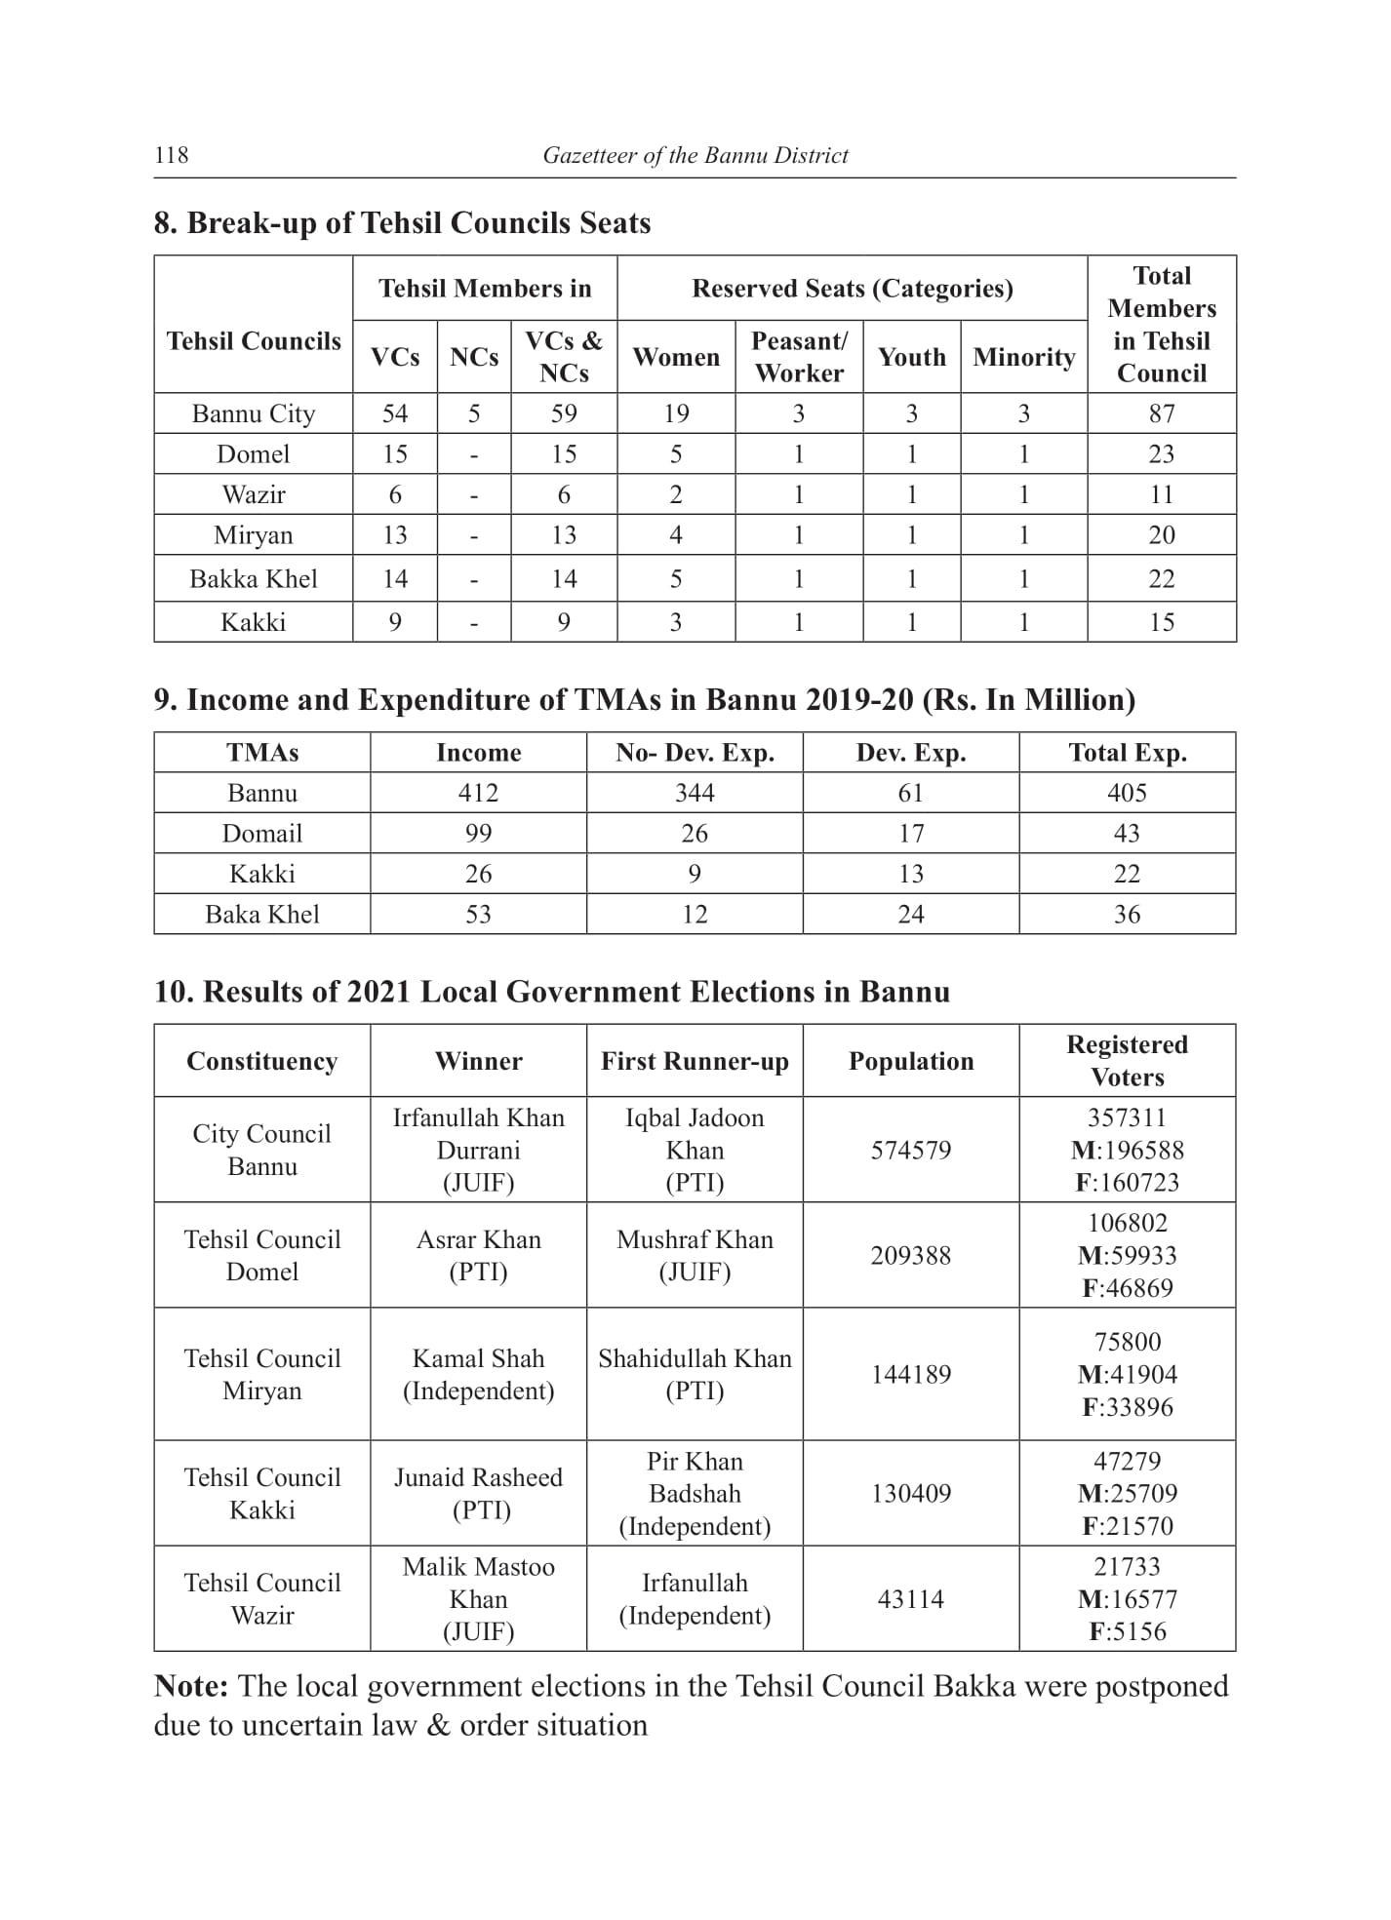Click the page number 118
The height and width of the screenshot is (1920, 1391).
(x=172, y=155)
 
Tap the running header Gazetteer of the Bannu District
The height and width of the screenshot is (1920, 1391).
(x=695, y=155)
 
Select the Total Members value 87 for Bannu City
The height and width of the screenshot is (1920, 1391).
(x=1161, y=413)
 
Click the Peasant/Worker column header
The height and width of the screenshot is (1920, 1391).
(x=799, y=357)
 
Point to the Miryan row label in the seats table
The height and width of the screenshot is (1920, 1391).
(x=254, y=535)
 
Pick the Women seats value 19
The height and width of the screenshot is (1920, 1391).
(x=676, y=413)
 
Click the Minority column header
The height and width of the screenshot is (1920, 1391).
(x=1023, y=357)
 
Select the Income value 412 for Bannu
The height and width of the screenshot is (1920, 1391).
(x=478, y=793)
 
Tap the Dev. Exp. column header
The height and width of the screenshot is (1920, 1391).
(x=910, y=753)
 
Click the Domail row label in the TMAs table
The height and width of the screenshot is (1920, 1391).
(x=262, y=834)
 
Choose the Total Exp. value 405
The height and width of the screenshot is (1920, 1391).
(x=1127, y=793)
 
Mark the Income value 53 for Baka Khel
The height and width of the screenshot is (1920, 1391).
(x=478, y=915)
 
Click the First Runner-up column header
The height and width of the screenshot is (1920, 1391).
(x=695, y=1061)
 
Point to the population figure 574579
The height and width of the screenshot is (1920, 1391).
(x=910, y=1151)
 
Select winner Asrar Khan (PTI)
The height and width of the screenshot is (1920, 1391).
(x=478, y=1255)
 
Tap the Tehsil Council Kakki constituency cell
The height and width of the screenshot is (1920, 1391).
(x=262, y=1493)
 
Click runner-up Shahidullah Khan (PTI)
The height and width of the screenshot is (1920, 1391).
(x=695, y=1374)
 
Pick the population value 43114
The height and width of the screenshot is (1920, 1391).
(x=910, y=1599)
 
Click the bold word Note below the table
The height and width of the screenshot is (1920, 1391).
(x=191, y=1687)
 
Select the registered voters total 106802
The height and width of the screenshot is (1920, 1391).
(x=1127, y=1223)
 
